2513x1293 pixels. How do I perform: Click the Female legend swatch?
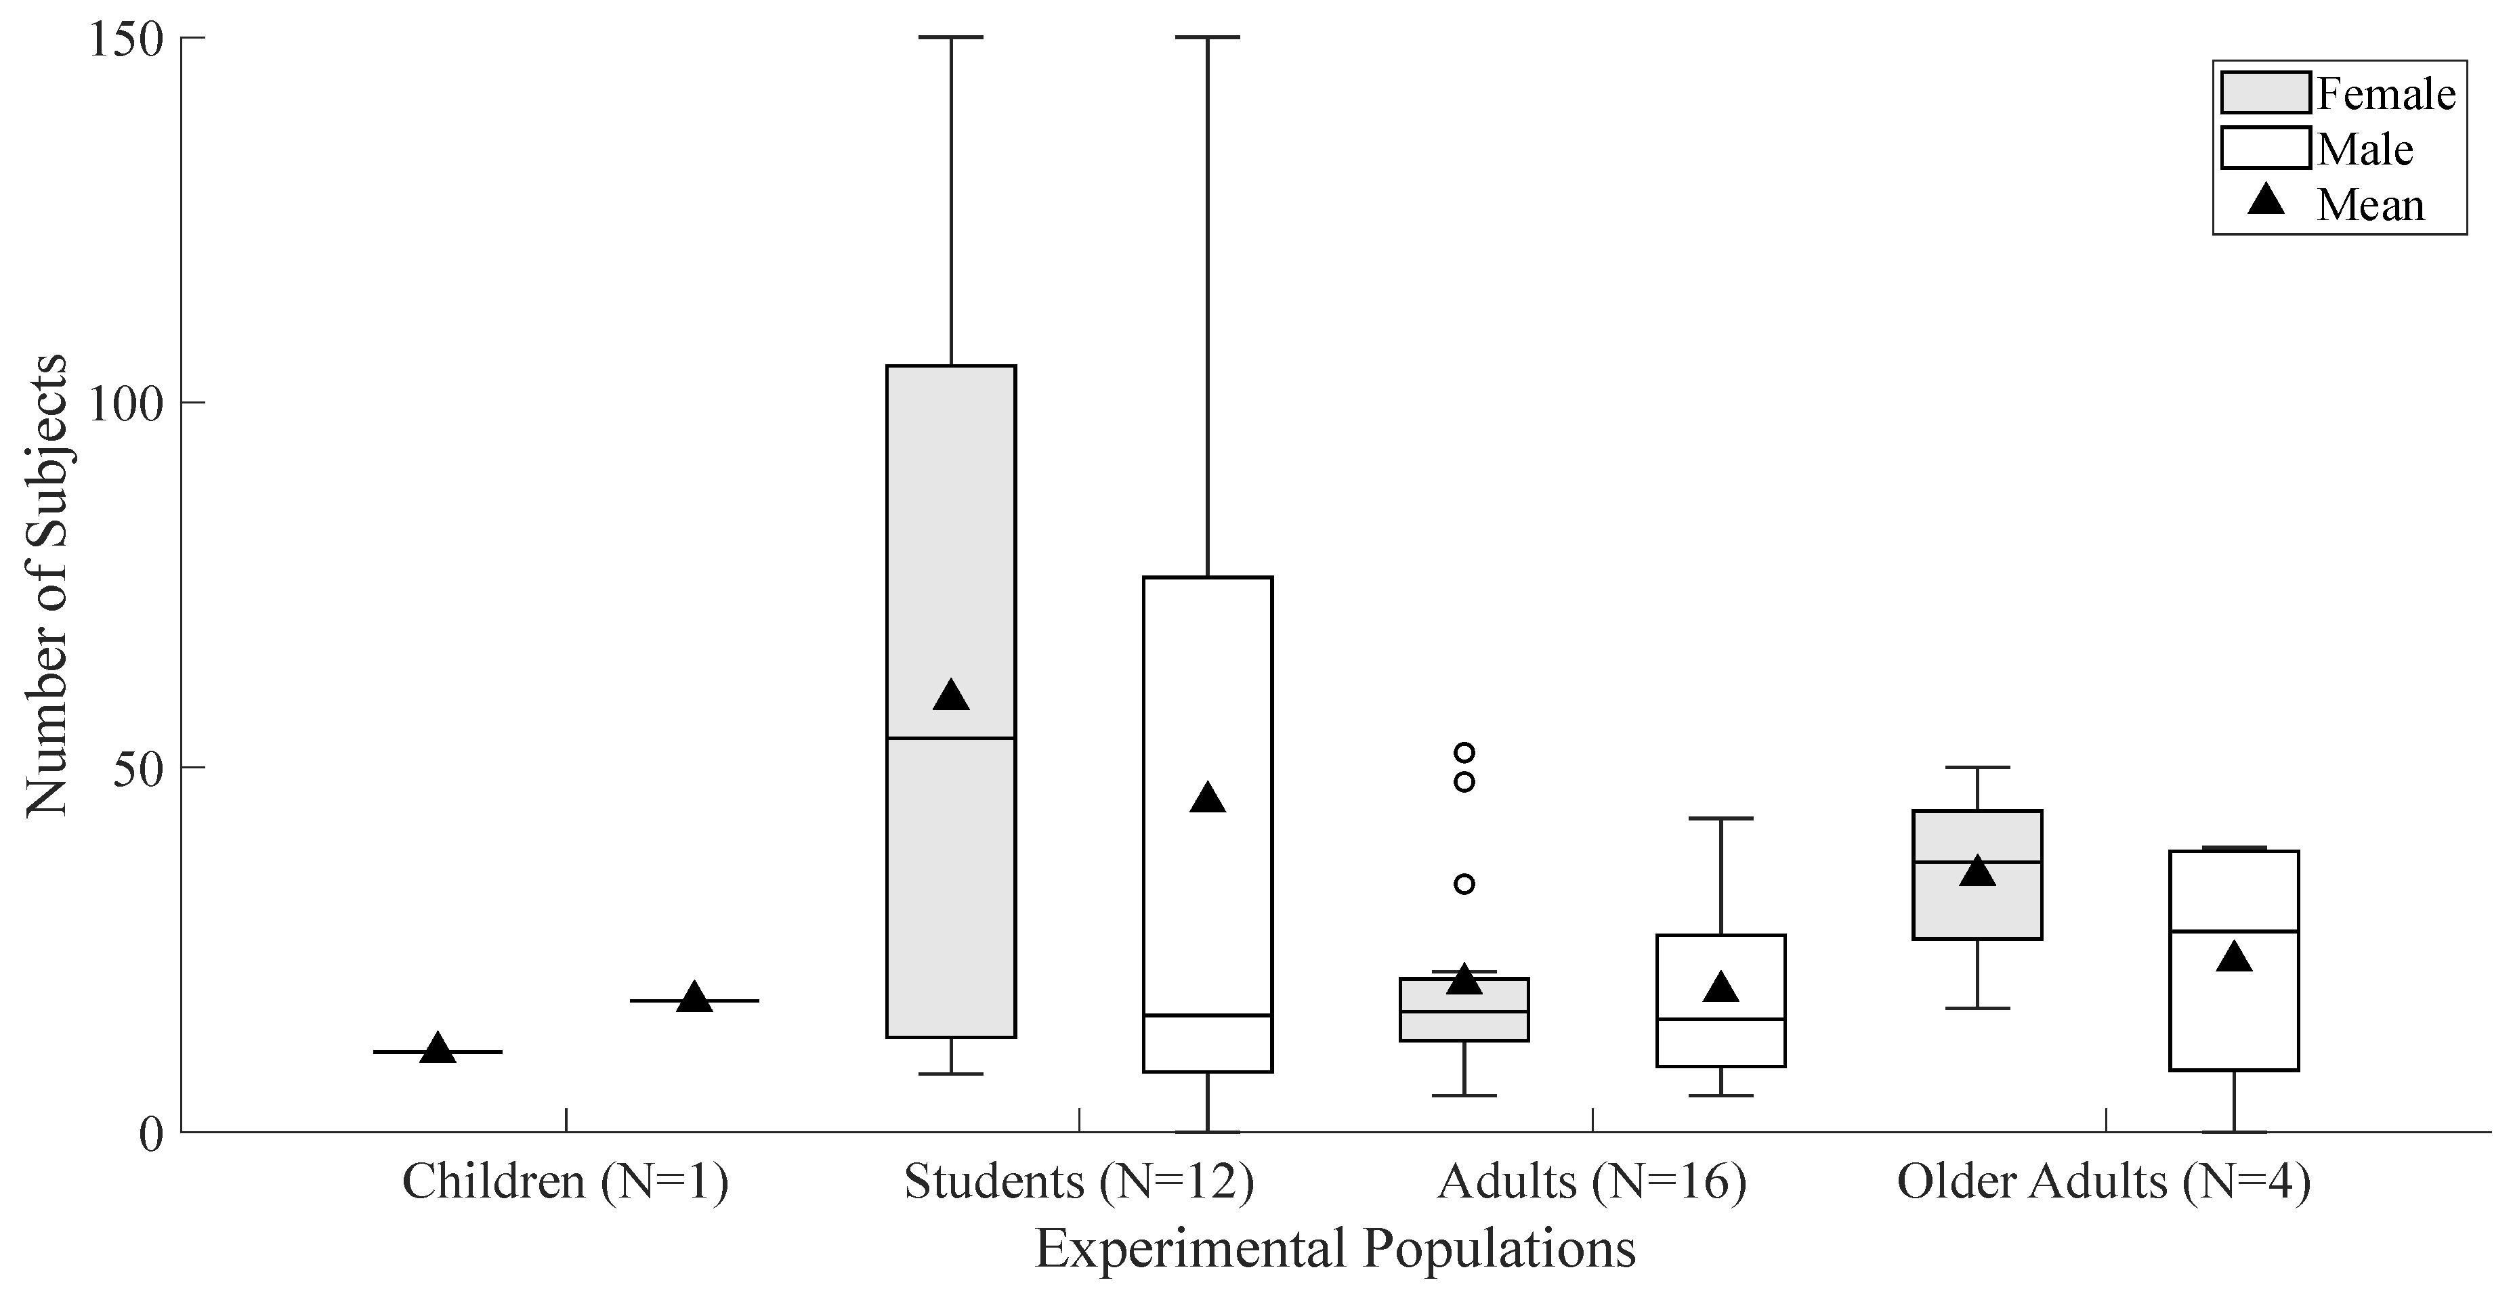[x=2265, y=93]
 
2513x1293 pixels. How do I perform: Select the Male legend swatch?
[x=2265, y=148]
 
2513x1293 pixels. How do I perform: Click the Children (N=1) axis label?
[x=566, y=1182]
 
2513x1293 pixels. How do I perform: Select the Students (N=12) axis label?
[x=1079, y=1182]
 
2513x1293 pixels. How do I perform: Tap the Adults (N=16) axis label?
[x=1592, y=1182]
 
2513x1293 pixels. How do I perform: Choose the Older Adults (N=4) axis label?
[x=2105, y=1182]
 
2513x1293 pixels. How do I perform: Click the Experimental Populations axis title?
[x=1334, y=1249]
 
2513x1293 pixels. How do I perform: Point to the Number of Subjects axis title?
[x=47, y=585]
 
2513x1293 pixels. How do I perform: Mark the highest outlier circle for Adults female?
[x=1464, y=753]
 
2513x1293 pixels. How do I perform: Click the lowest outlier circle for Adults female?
[x=1464, y=884]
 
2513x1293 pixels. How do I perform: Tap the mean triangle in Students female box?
[x=951, y=696]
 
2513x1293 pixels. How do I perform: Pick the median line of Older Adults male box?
[x=2234, y=932]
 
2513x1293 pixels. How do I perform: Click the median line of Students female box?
[x=951, y=738]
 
